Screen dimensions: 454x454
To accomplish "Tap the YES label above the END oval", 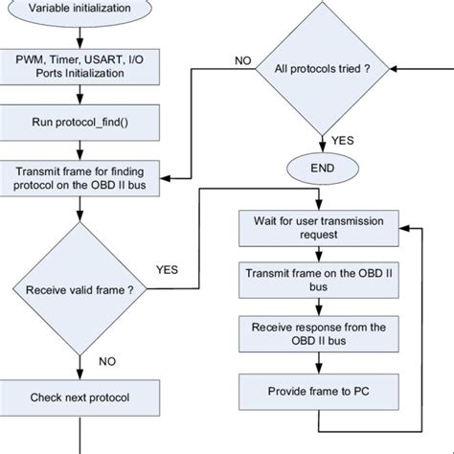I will tap(343, 141).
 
